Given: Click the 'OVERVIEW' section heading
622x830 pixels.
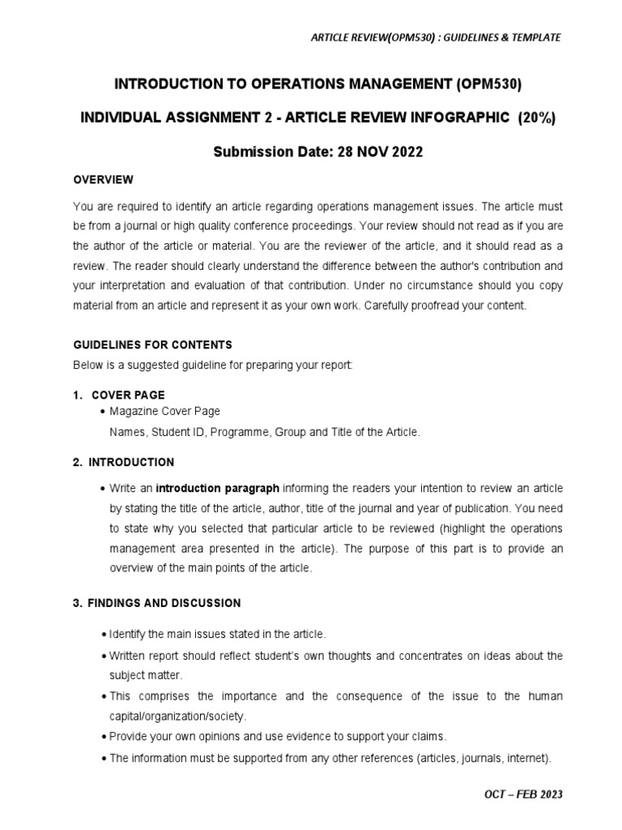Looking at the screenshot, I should point(103,179).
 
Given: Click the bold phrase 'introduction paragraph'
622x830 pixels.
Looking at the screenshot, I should point(218,489).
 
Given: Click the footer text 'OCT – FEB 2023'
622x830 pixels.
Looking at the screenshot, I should point(518,794).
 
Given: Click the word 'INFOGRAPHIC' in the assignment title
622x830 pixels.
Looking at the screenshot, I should point(460,118).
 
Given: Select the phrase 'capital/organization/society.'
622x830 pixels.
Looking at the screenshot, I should point(179,717).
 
